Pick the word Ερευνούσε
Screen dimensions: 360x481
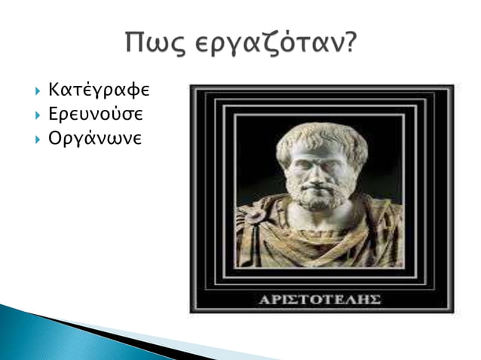(x=96, y=116)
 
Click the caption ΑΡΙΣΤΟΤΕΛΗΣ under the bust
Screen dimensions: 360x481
(x=321, y=300)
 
